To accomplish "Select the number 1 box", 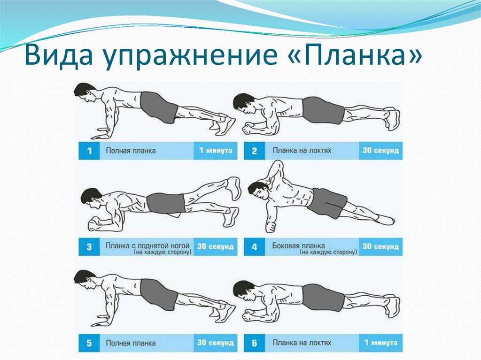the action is pyautogui.click(x=89, y=151).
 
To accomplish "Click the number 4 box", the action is pyautogui.click(x=254, y=247).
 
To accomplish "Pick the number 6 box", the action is pyautogui.click(x=254, y=343).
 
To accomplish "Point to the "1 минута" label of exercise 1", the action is pyautogui.click(x=216, y=151).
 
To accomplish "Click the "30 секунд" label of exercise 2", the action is pyautogui.click(x=380, y=151).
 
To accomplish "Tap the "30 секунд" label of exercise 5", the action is pyautogui.click(x=215, y=343).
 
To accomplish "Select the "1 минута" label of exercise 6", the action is pyautogui.click(x=381, y=343).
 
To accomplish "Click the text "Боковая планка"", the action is pyautogui.click(x=298, y=245).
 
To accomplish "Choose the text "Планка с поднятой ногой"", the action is pyautogui.click(x=147, y=245).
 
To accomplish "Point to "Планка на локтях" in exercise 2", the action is pyautogui.click(x=302, y=151).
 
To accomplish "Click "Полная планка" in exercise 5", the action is pyautogui.click(x=131, y=343).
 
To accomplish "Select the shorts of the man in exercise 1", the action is pyautogui.click(x=159, y=107).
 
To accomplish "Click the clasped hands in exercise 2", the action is pyautogui.click(x=249, y=129).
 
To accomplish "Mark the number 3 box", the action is pyautogui.click(x=89, y=247).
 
